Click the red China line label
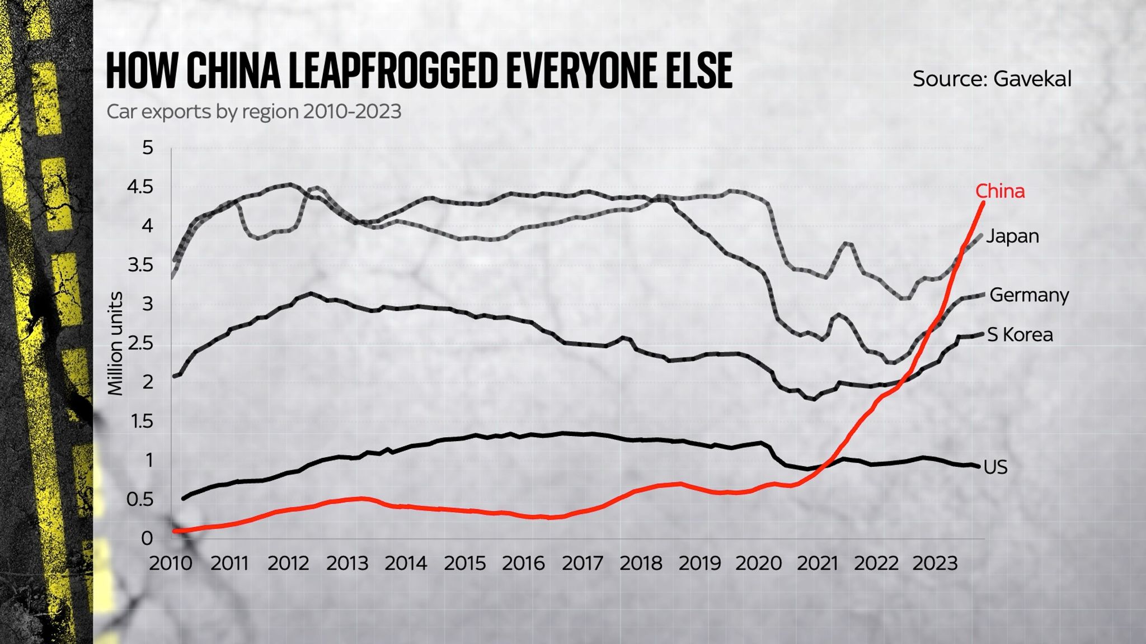tap(1000, 191)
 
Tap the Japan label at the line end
tap(1012, 236)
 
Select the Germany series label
tap(1029, 295)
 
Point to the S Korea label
tap(1020, 335)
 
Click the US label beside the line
tap(995, 467)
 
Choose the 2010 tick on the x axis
tap(171, 562)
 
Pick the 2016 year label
tap(523, 562)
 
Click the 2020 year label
tap(758, 562)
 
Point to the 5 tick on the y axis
tap(147, 148)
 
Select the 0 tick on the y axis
tap(147, 538)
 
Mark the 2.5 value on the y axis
tap(139, 343)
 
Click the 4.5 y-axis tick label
tap(139, 187)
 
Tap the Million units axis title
tap(116, 343)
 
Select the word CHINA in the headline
tap(233, 71)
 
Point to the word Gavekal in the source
tap(1032, 79)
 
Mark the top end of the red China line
tap(983, 203)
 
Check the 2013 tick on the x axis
tap(347, 562)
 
